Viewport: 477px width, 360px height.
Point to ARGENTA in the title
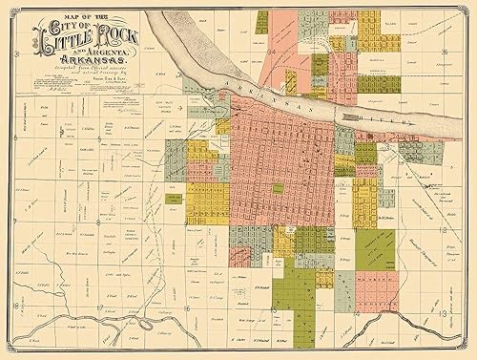point(113,55)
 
